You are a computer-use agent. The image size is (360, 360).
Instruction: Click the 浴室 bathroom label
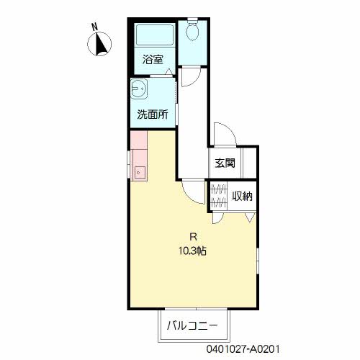tap(153, 60)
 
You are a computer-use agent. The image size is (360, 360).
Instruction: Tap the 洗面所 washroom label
tap(153, 114)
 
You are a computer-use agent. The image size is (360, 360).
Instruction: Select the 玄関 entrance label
tap(225, 163)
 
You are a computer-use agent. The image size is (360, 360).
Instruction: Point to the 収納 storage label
tap(242, 197)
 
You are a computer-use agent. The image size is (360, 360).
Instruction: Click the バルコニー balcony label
tap(192, 326)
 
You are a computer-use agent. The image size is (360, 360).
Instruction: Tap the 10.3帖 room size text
tap(192, 251)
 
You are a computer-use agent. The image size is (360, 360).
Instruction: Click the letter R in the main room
tap(193, 237)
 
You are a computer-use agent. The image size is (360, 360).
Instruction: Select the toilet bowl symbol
tap(192, 32)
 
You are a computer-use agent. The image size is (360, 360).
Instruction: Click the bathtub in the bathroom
tap(155, 35)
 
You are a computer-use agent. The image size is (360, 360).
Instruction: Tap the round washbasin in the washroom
tap(138, 89)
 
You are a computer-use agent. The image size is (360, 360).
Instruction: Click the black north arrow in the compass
tap(102, 44)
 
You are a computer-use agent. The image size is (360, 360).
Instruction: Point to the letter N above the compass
tap(95, 27)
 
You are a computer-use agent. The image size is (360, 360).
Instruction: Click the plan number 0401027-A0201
tap(243, 349)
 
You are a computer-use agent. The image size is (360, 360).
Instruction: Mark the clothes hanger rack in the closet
tap(218, 196)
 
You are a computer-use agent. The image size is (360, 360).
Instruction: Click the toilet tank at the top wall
tap(192, 19)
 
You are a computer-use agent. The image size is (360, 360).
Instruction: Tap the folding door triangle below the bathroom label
tap(169, 71)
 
